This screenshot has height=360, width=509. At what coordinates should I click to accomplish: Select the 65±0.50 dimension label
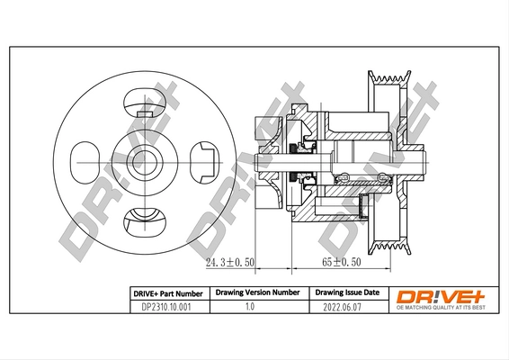[341, 263]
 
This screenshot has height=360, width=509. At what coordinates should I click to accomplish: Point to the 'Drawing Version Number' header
[256, 293]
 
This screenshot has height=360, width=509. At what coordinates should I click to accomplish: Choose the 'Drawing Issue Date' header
[347, 293]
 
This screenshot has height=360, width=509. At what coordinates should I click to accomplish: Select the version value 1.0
[256, 307]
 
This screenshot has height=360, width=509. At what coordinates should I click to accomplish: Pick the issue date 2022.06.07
[347, 307]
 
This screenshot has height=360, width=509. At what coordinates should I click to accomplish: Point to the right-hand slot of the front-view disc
[201, 161]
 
